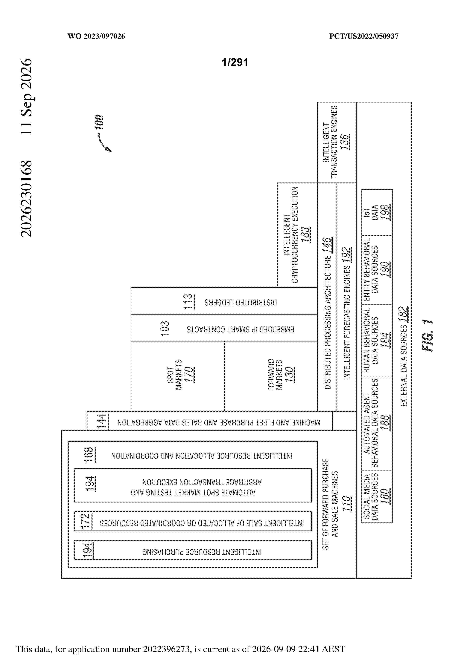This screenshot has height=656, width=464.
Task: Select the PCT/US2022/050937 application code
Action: point(364,36)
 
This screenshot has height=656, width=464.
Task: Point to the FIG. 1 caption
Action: point(427,335)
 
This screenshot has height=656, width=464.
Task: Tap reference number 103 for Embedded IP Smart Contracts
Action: point(165,329)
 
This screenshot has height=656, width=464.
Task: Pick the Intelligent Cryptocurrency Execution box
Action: point(297,235)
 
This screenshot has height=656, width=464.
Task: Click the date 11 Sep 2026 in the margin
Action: point(26,96)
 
